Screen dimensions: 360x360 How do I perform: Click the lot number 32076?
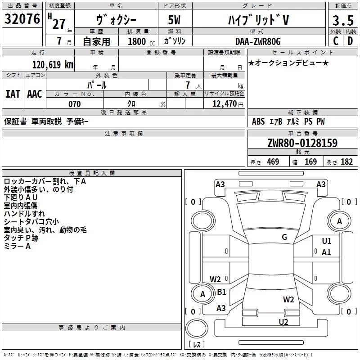22,19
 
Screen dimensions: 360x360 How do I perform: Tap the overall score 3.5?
343,20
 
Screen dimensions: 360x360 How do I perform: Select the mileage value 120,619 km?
53,65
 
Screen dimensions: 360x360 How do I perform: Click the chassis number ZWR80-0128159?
302,143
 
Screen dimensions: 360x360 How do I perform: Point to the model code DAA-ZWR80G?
258,41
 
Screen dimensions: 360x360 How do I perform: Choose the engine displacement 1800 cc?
141,41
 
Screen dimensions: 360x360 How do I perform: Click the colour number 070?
75,104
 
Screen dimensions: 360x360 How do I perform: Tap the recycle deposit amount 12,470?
224,103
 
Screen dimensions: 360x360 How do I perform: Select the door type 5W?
174,20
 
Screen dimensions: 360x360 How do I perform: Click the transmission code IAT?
13,94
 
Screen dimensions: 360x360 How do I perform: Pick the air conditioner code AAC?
35,94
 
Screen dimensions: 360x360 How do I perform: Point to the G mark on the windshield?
284,237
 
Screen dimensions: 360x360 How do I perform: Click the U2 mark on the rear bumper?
283,322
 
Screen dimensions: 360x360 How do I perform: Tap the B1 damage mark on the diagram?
221,292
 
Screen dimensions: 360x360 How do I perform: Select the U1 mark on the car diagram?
327,241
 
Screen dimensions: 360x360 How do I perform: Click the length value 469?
273,162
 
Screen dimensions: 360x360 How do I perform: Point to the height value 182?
346,162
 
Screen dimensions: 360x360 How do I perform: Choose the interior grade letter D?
350,41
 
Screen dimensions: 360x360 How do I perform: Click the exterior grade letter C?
336,41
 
